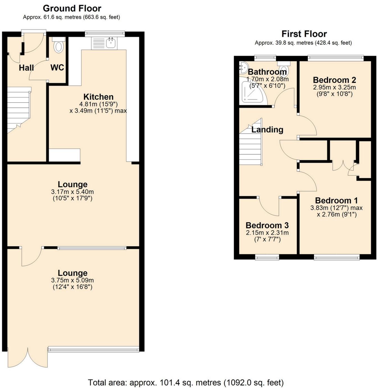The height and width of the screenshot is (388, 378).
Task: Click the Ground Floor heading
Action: click(x=72, y=8)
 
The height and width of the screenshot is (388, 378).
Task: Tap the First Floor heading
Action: click(x=304, y=34)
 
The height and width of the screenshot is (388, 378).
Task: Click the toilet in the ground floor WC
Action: click(x=59, y=46)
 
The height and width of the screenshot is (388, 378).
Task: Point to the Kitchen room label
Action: click(x=98, y=97)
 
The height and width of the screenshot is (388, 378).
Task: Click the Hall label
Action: click(x=26, y=68)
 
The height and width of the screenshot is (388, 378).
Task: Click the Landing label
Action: click(x=267, y=130)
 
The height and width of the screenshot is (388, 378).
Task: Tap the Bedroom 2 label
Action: click(x=334, y=80)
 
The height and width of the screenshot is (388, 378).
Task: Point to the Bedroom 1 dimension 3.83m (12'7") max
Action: click(x=336, y=208)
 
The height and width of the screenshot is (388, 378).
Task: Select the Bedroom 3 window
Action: click(x=267, y=257)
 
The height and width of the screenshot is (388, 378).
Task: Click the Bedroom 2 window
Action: click(x=335, y=58)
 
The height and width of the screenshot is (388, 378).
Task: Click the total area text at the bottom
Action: click(x=186, y=383)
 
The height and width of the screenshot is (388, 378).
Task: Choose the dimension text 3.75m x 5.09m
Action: click(x=72, y=280)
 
